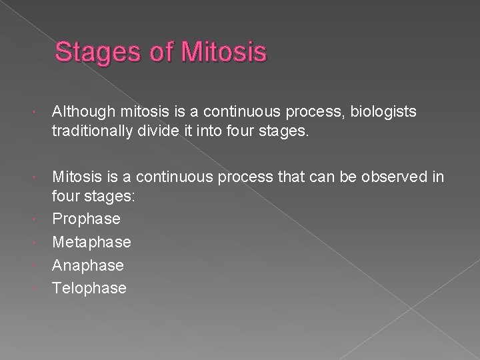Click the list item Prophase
click(86, 218)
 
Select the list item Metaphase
click(91, 241)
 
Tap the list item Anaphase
click(88, 265)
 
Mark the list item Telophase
click(89, 288)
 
